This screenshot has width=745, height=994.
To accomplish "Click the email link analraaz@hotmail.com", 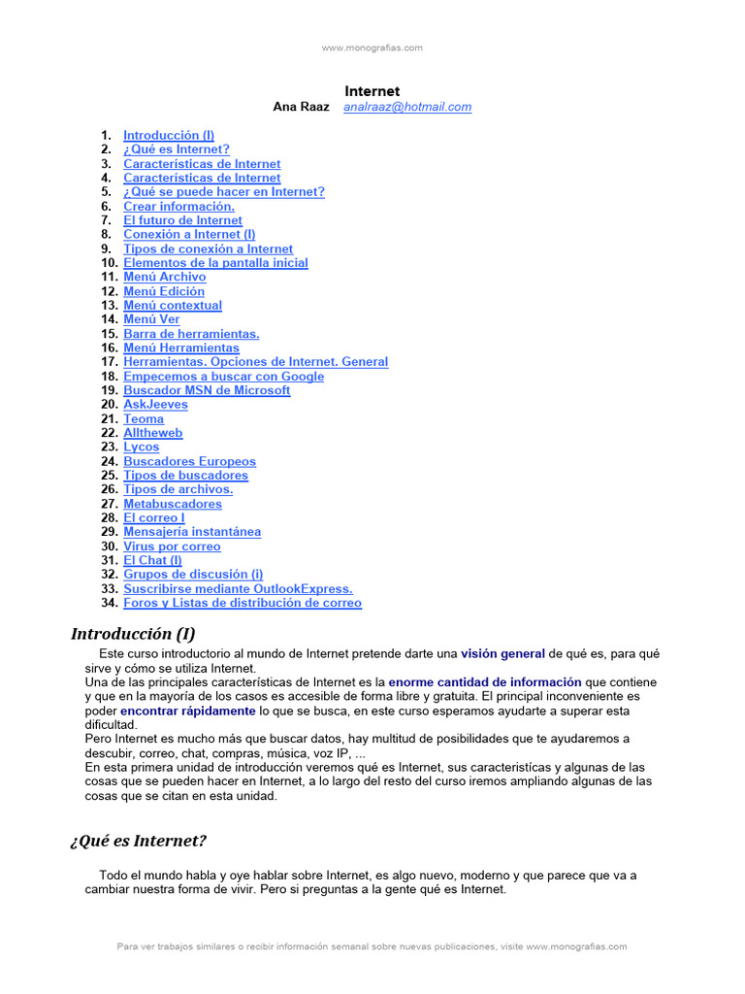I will (x=407, y=108).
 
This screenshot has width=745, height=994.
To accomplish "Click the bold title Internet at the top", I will (x=372, y=91).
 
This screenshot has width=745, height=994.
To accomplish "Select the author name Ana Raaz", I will (x=302, y=108).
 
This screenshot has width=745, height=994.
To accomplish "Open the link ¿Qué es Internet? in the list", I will (x=177, y=149).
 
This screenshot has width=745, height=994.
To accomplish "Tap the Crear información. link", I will (x=178, y=207).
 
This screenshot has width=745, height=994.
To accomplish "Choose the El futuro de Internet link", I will (x=182, y=220).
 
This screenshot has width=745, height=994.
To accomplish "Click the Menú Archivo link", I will (x=164, y=277).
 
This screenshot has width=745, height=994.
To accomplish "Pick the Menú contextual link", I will (x=173, y=306).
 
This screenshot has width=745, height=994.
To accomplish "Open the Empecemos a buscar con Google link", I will (x=223, y=377).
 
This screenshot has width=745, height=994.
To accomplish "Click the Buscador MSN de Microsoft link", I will (x=207, y=390).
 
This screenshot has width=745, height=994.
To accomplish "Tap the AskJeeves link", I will (x=155, y=405).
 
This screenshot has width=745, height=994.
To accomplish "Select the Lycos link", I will (x=141, y=447).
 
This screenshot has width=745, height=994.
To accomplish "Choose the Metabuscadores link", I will (x=172, y=504).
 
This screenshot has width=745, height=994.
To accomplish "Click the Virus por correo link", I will (x=172, y=547).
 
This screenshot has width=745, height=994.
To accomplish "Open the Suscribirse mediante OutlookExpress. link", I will (x=238, y=589).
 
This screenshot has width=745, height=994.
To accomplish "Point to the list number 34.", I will (x=108, y=603).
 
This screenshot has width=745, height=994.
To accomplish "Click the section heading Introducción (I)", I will (x=133, y=634).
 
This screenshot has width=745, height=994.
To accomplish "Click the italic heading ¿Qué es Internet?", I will (x=138, y=841).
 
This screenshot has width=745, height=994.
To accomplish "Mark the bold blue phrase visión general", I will (x=502, y=654).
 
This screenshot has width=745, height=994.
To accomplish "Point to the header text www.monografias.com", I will (x=372, y=48).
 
